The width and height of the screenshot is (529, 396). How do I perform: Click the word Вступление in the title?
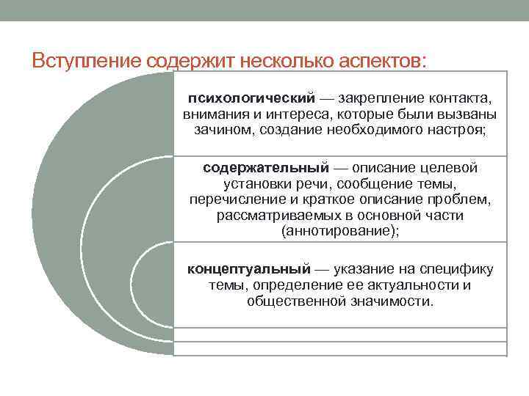point(87,61)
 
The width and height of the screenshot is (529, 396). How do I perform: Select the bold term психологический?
point(252,99)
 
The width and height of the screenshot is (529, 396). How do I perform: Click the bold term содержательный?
point(266,168)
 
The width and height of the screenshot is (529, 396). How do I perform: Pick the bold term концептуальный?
point(249,270)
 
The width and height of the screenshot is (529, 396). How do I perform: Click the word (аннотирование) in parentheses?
point(338,232)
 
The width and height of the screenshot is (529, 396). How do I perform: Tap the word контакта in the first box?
point(458,99)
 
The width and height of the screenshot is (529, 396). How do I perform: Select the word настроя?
point(455,130)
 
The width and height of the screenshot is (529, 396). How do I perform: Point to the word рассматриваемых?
point(279,216)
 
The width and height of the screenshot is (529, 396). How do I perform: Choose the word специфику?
point(456,270)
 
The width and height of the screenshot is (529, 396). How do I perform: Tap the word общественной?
point(297,301)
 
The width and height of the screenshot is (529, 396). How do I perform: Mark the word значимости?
point(390,301)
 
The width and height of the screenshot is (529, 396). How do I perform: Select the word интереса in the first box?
point(298,114)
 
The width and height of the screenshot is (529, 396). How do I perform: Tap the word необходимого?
point(375,130)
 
